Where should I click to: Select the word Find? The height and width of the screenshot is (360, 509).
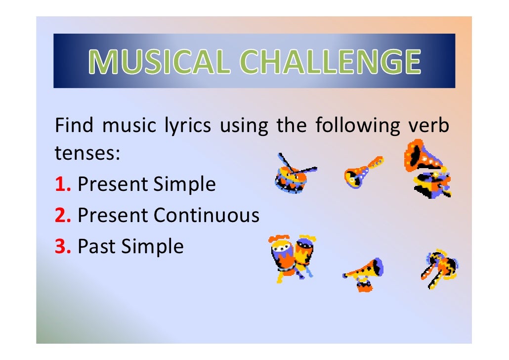pos(73,126)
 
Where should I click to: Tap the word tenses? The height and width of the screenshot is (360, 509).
pos(87,155)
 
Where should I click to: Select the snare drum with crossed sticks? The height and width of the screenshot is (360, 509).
pos(295,175)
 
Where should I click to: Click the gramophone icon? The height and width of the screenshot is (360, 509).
pos(427,168)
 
